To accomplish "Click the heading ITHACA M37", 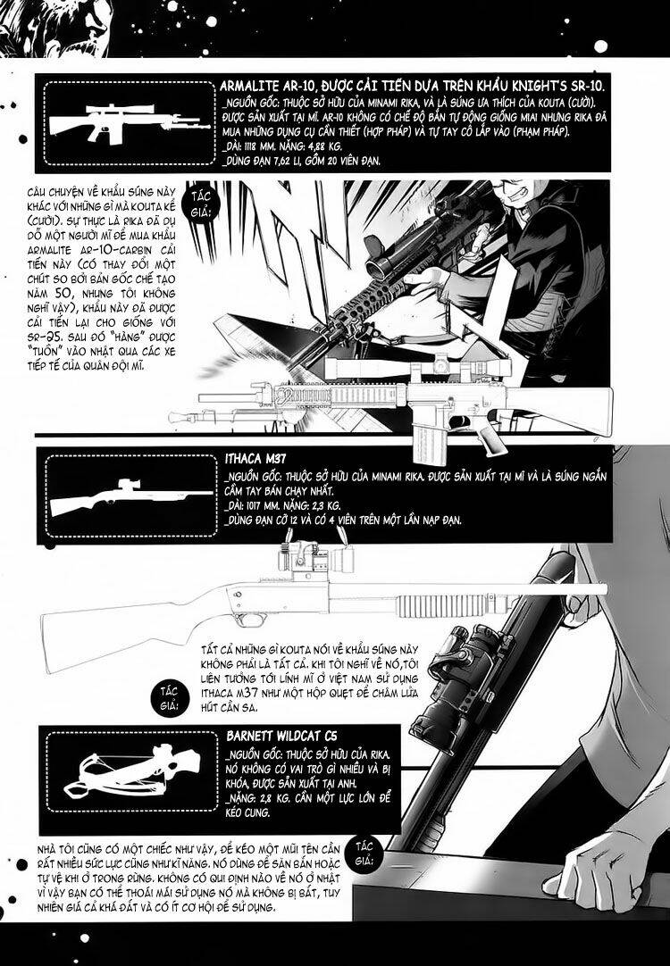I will point(255,461).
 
